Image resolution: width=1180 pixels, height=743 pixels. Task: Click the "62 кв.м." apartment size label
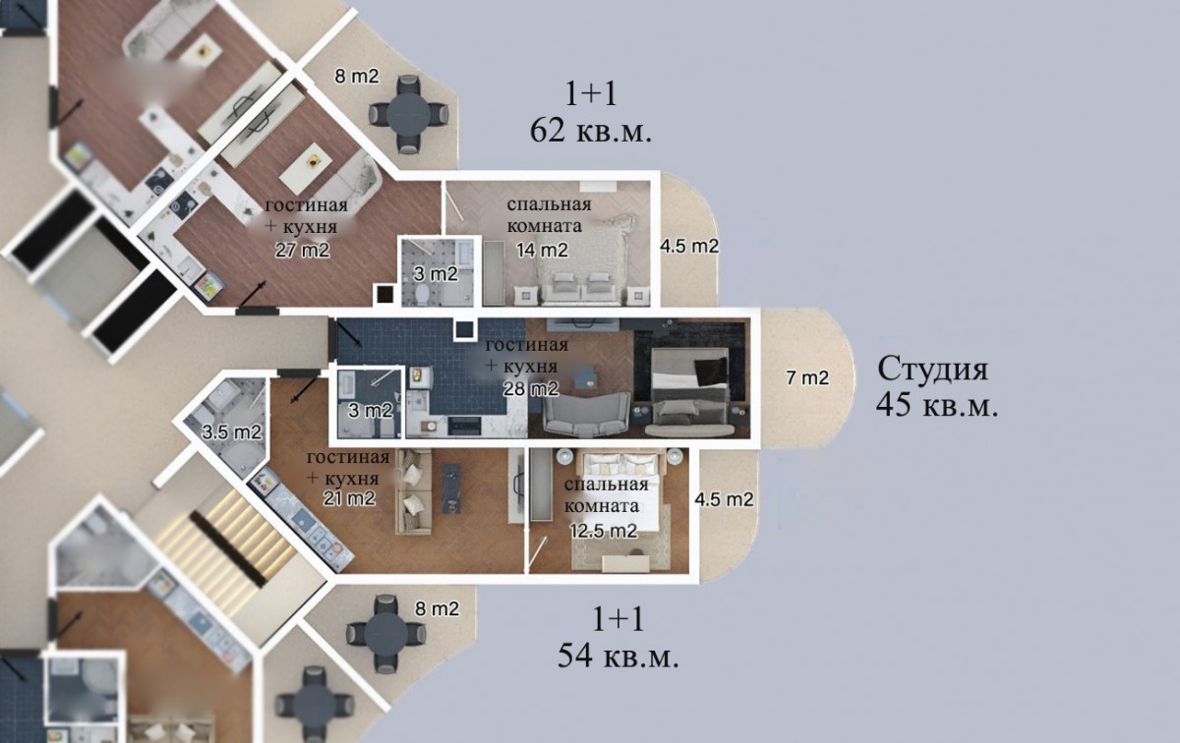coord(591,131)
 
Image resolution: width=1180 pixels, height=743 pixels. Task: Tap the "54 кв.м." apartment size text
coord(618,657)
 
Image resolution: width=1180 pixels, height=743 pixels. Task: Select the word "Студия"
coord(932,370)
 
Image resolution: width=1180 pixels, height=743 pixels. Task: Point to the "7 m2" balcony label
coord(807,377)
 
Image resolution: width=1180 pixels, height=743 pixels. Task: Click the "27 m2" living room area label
coord(303,250)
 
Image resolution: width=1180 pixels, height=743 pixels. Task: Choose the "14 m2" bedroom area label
coord(542,250)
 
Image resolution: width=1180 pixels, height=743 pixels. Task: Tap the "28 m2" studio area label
coord(530,389)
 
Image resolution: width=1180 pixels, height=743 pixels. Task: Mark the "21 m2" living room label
coord(349,497)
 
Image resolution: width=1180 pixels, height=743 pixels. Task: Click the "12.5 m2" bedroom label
coord(604,531)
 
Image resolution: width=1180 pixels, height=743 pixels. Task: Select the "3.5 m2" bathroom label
coord(232,432)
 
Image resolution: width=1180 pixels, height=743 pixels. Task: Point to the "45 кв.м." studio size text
coord(937,406)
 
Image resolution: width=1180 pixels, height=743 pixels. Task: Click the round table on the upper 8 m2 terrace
coord(409,114)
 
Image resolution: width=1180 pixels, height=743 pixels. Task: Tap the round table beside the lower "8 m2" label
coord(386,634)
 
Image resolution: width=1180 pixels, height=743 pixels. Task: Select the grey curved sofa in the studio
coord(586,416)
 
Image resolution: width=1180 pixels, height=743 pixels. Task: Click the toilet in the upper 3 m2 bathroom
coord(422,294)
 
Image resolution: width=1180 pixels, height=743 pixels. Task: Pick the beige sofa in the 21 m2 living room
coord(414,491)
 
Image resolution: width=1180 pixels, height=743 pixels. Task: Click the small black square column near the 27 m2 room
coord(384,295)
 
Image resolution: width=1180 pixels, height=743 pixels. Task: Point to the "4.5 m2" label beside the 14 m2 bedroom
coord(689,246)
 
